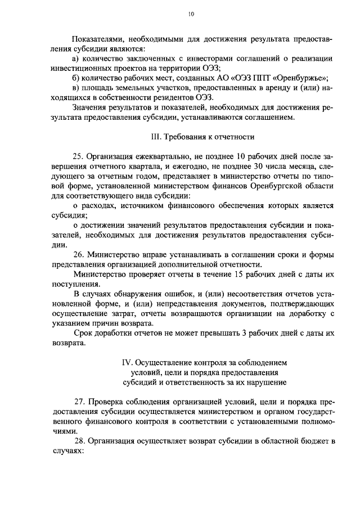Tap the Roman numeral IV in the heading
[127, 362]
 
